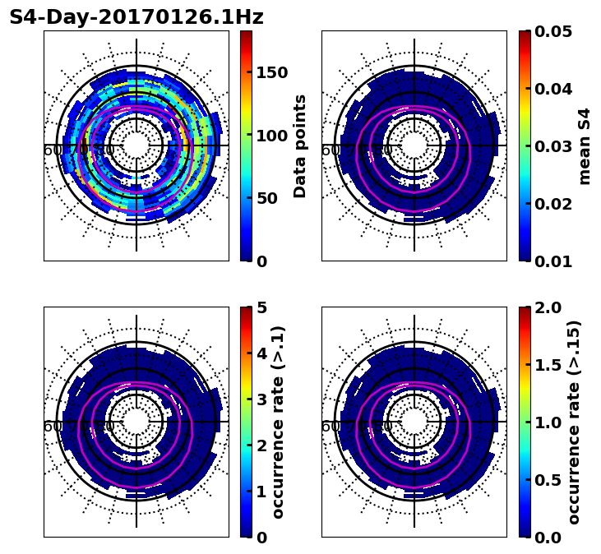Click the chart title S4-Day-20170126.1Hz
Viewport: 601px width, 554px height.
[136, 16]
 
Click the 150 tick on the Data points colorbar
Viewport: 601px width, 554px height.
[271, 72]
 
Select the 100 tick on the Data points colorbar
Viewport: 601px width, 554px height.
[271, 136]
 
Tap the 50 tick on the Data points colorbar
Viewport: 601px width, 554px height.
[266, 198]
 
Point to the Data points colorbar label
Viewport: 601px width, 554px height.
[300, 145]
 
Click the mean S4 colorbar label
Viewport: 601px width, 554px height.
[585, 145]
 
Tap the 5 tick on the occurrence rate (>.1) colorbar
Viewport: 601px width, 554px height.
[261, 307]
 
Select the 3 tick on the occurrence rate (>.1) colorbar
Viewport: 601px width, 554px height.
[261, 399]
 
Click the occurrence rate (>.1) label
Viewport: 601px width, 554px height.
[278, 422]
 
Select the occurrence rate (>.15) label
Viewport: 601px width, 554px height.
[574, 422]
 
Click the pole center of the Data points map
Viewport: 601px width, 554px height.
[136, 145]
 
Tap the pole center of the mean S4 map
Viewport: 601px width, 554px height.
[414, 145]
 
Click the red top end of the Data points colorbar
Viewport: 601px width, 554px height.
[246, 34]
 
